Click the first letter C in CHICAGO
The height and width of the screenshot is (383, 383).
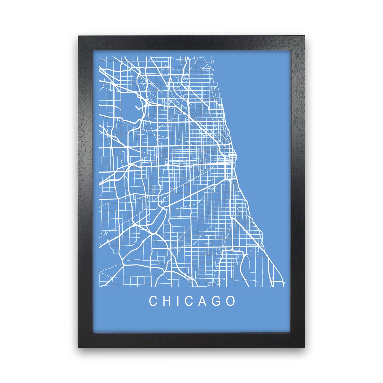tap(153, 301)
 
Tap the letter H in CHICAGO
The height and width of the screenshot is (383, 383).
tap(167, 301)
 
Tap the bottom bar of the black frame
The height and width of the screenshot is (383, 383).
tap(191, 340)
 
